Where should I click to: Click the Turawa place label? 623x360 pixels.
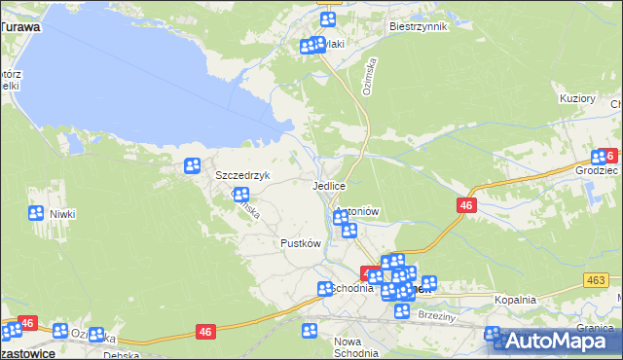[x=20, y=27]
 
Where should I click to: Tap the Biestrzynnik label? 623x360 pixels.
[x=417, y=26]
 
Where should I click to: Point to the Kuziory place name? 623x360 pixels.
[x=577, y=99]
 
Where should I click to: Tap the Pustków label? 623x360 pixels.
[x=300, y=243]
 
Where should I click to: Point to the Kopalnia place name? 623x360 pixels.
[x=515, y=300]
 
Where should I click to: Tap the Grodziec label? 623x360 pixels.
[x=597, y=169]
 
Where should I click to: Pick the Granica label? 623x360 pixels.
[x=594, y=328]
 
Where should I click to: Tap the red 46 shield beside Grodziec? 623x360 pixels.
[x=609, y=155]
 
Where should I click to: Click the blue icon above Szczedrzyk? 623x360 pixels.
[x=193, y=165]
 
